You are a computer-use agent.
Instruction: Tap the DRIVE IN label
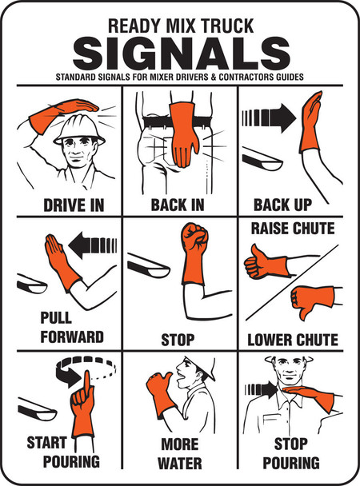point(74,205)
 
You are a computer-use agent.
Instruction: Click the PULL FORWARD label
point(70,327)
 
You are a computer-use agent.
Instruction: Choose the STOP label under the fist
point(178,339)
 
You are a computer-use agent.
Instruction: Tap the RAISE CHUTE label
point(293,229)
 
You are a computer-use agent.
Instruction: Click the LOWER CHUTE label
point(292,339)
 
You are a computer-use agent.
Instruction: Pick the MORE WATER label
point(179,453)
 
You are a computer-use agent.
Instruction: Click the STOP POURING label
point(296,453)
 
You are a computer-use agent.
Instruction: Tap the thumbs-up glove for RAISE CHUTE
point(264,260)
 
